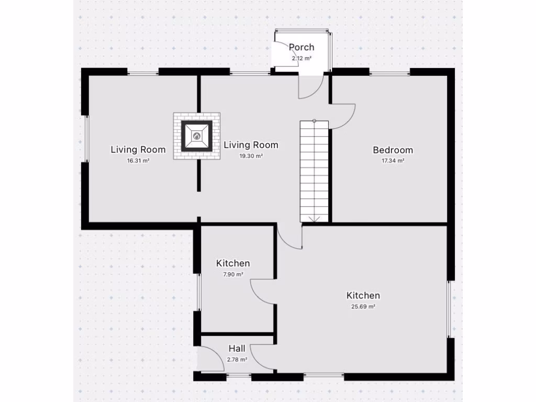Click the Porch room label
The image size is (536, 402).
coord(301,48)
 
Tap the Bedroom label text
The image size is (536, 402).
coord(393,150)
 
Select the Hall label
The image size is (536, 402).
coord(237,349)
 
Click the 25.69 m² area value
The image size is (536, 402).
coord(363,307)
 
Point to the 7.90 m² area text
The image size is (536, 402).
coord(233,274)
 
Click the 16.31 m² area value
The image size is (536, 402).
coord(138,161)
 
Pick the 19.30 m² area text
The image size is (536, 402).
coord(251,156)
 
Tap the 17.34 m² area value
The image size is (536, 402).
coord(393,161)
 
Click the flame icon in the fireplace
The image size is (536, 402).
coord(197,136)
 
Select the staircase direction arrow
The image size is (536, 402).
coord(314,218)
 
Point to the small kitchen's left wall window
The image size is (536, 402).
coord(198,292)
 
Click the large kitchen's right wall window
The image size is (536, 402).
coord(449,309)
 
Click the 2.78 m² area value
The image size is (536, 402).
coord(237,360)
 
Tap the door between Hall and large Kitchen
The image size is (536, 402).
coord(262,356)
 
